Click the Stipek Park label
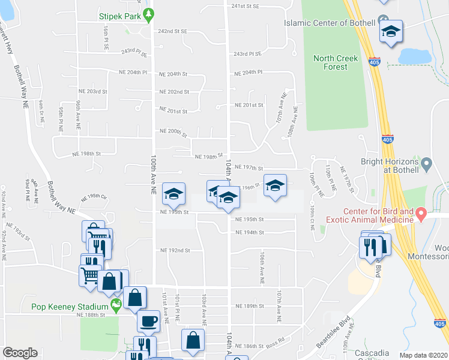119,17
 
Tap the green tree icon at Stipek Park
146,16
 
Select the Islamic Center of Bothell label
330,23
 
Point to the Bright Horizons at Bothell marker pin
426,163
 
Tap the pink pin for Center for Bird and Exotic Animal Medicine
421,214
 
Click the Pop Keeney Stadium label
70,307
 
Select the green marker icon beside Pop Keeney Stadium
116,307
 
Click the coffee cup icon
148,321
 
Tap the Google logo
20,353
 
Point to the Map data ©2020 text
424,355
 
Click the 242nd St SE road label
173,31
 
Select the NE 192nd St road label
175,250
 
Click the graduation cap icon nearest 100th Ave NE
173,194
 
